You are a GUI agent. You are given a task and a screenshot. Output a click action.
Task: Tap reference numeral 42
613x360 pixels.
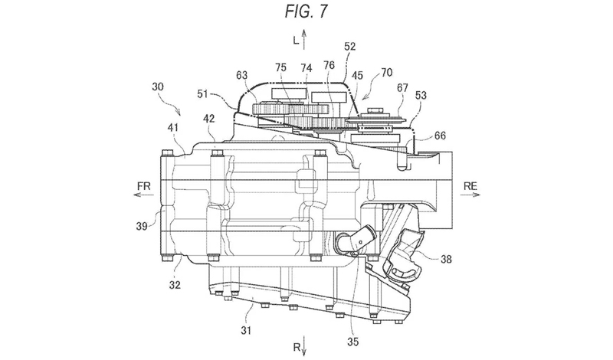(x=210, y=118)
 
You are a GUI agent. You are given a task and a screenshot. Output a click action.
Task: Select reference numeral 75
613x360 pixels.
(x=281, y=67)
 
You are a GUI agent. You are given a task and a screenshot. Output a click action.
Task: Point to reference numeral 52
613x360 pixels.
(x=349, y=46)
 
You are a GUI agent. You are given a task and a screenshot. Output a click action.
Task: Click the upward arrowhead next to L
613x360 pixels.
(x=304, y=32)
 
